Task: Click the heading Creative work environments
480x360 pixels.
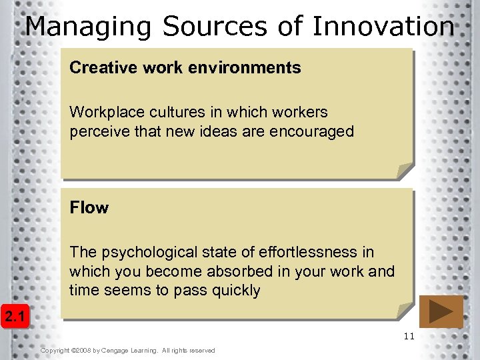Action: point(185,68)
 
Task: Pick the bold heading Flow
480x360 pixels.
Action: point(89,208)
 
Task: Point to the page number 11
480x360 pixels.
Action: point(409,337)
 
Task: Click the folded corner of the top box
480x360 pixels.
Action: point(405,171)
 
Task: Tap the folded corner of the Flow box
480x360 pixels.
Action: point(405,311)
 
